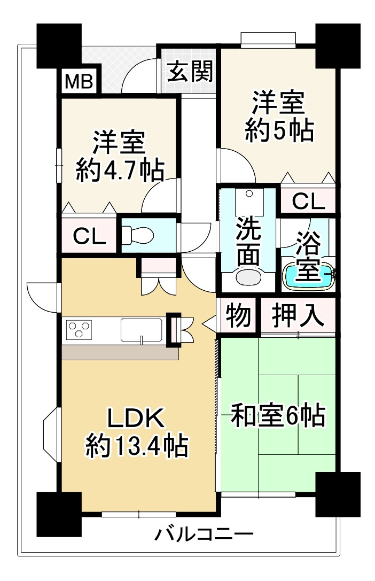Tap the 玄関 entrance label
click(x=190, y=71)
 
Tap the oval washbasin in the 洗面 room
click(x=248, y=277)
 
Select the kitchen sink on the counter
click(x=141, y=329)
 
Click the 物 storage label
click(x=238, y=315)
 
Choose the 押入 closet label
click(x=298, y=315)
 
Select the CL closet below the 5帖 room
click(x=308, y=201)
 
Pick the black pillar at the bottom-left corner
click(x=58, y=514)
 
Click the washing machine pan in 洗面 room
click(x=247, y=202)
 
